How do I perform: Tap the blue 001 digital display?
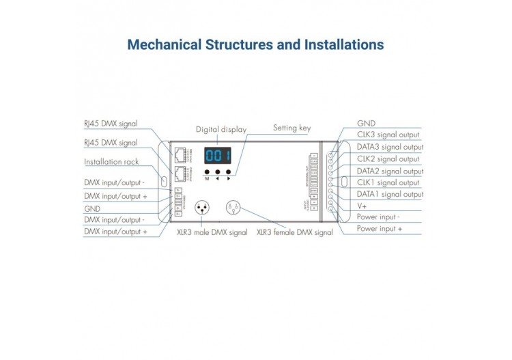(x=218, y=155)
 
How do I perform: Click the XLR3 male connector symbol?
(x=202, y=206)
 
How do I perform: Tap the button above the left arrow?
(x=218, y=172)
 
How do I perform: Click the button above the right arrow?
(x=228, y=172)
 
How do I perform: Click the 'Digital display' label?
(x=221, y=129)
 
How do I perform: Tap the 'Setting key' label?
(x=291, y=127)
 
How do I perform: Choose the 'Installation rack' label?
(x=112, y=162)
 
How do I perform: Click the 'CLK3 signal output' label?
(x=388, y=135)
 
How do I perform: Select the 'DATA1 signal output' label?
(x=390, y=194)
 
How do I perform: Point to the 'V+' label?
(x=362, y=206)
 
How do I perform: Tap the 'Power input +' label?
(x=380, y=229)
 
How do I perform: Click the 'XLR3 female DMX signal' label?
(x=294, y=232)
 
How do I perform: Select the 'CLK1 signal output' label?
(x=388, y=182)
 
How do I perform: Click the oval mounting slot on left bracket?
(x=165, y=180)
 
